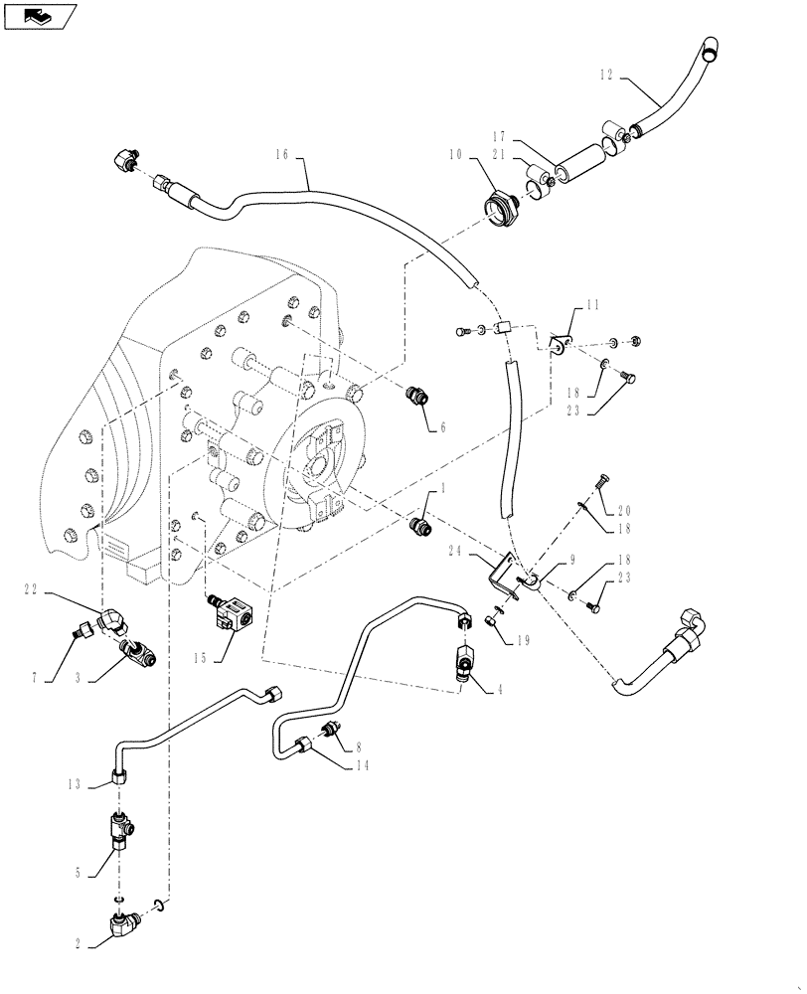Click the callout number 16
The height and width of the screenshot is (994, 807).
[x=281, y=154]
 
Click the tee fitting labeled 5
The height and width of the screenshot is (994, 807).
[x=118, y=830]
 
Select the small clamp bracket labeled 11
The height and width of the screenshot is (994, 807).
[x=562, y=344]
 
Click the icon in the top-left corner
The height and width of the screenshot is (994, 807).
[x=40, y=15]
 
